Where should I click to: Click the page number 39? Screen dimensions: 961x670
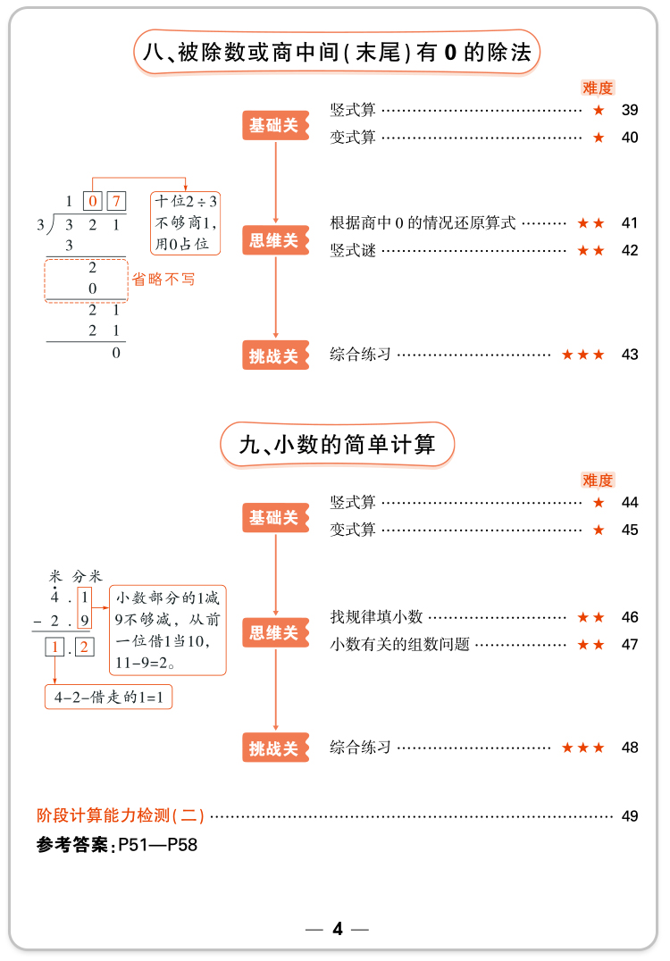(x=630, y=111)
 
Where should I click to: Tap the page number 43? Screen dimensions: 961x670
(x=630, y=355)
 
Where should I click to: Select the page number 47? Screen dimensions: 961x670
(x=630, y=644)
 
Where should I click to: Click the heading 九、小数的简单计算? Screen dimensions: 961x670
(x=338, y=444)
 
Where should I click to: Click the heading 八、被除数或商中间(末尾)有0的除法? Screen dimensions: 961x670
(x=337, y=54)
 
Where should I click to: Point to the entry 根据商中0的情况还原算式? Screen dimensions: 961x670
(x=423, y=223)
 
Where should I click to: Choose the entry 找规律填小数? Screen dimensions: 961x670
(x=376, y=617)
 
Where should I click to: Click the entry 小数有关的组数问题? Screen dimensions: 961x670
(x=399, y=644)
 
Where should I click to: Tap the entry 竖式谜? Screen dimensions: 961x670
(x=353, y=251)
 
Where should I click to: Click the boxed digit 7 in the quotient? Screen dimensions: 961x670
(x=116, y=202)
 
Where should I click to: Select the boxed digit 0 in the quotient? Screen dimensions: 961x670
(x=92, y=202)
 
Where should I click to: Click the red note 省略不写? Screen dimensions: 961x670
(x=163, y=279)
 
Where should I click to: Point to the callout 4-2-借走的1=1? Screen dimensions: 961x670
(x=108, y=697)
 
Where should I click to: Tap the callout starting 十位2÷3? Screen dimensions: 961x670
(x=187, y=223)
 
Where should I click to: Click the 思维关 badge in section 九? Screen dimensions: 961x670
(x=275, y=633)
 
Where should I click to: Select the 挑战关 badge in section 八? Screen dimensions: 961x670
(x=275, y=355)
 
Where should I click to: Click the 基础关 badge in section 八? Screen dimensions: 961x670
(x=275, y=126)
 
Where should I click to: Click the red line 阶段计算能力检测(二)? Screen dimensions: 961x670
(x=121, y=815)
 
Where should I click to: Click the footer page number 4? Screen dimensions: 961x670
(x=337, y=930)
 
